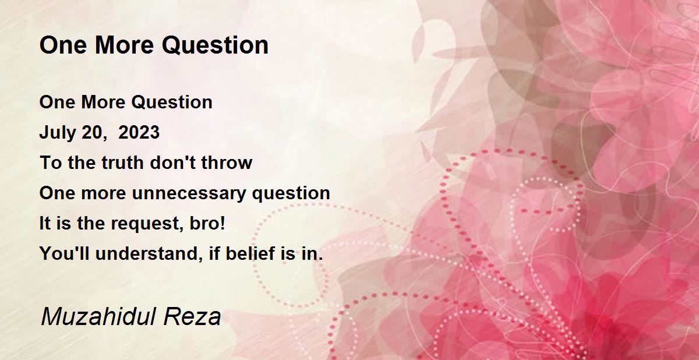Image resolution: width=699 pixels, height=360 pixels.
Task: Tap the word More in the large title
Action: point(124,45)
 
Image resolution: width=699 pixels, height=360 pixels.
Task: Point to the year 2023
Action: point(139,132)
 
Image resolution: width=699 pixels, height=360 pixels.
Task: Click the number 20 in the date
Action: point(92,133)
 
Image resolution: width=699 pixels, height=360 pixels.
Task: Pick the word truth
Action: point(123,163)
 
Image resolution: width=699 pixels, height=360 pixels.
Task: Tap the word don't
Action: point(172,163)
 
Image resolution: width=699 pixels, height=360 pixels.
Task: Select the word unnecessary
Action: point(189,193)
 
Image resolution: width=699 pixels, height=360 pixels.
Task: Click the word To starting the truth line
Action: point(51,163)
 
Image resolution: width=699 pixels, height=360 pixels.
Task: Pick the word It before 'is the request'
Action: point(45,223)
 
